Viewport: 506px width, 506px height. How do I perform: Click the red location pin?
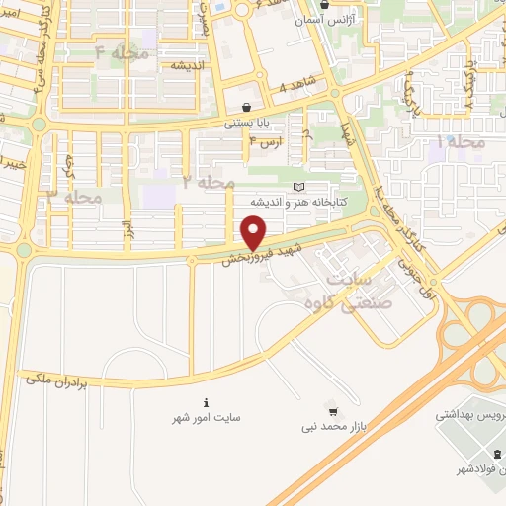pos(254,233)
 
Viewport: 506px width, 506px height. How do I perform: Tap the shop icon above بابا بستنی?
pos(246,108)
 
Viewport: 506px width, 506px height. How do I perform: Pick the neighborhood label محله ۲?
pos(209,182)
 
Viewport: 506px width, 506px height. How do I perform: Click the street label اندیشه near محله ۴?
pos(187,66)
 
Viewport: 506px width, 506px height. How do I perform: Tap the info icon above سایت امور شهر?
pos(206,402)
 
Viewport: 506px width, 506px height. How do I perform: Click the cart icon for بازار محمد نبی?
pos(333,411)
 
